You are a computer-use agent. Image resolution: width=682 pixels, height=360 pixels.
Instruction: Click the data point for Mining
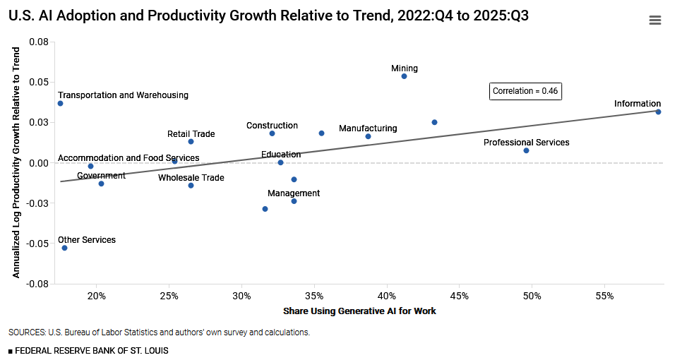[404, 76]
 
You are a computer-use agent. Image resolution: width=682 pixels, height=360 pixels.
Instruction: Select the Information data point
[658, 112]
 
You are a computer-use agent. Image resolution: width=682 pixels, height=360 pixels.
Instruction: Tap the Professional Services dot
[526, 150]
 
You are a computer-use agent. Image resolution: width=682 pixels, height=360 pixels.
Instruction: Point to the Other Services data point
[64, 248]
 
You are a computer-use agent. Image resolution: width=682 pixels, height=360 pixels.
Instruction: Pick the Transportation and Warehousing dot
[60, 103]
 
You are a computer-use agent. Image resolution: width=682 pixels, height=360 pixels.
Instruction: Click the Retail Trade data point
[191, 141]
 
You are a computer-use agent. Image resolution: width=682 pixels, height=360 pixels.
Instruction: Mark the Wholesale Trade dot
[191, 185]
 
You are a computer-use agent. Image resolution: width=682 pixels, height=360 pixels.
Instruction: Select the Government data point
[101, 184]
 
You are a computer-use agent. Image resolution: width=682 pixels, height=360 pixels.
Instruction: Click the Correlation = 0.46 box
[525, 90]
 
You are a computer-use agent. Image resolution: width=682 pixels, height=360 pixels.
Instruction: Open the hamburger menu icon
[654, 20]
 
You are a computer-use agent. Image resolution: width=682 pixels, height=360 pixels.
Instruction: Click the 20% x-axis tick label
[97, 294]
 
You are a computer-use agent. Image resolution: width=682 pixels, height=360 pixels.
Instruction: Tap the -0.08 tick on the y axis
[38, 284]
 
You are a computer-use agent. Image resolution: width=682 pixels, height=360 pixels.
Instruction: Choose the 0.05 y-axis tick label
[38, 83]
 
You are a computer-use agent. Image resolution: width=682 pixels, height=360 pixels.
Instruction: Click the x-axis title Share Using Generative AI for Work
[359, 311]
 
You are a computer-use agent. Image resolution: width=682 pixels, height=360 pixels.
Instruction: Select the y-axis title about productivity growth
[16, 162]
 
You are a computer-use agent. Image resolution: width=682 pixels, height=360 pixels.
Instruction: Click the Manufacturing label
[368, 128]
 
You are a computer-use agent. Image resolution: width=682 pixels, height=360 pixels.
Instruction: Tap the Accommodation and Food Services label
[128, 158]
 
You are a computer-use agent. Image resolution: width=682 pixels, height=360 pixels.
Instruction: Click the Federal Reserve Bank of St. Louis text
[91, 350]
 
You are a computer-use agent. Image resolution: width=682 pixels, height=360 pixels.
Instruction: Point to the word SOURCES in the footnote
[26, 332]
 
